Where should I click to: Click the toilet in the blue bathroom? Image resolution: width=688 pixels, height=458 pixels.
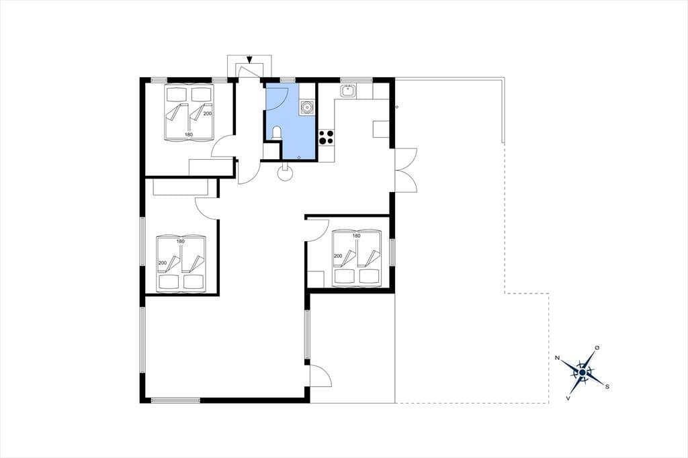pos(276,132)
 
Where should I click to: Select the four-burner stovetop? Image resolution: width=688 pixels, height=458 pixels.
pos(326,137)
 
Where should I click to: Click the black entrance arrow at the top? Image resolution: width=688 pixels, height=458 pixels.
pos(250,59)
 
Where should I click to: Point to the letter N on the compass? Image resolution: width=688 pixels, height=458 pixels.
pos(557,358)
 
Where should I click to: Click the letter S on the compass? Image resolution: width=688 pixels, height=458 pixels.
pos(607,387)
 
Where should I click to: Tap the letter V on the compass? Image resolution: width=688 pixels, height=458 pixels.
pos(568,398)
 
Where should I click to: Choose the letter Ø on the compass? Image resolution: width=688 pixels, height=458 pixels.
pos(597,347)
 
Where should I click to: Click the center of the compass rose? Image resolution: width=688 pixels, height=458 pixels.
pos(583,373)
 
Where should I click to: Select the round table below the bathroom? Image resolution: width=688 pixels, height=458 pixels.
pos(285,173)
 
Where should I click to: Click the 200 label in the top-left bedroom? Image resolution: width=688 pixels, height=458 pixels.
pos(208,113)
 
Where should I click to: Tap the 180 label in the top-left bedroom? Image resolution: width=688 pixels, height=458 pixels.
pos(189,135)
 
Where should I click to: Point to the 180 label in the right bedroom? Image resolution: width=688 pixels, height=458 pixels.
pos(356,236)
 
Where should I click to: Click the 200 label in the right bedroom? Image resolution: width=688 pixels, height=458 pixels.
pos(338,257)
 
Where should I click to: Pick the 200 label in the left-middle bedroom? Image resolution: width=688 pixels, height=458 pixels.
pos(163,263)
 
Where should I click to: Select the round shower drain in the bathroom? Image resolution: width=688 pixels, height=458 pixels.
pos(299,156)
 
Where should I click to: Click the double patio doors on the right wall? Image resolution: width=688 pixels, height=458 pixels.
pos(406,169)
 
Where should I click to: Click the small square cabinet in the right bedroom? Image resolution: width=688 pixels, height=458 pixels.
pos(316,279)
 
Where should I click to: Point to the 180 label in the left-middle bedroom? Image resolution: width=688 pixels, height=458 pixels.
pos(180,241)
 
